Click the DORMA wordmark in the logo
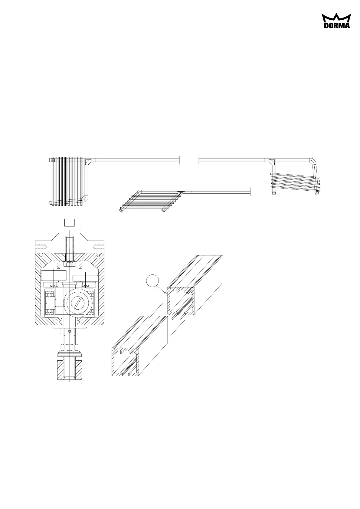point(337,25)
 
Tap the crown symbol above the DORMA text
point(336,18)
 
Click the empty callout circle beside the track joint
point(152,281)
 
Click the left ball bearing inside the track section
point(49,303)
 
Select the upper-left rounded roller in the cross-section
point(54,275)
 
